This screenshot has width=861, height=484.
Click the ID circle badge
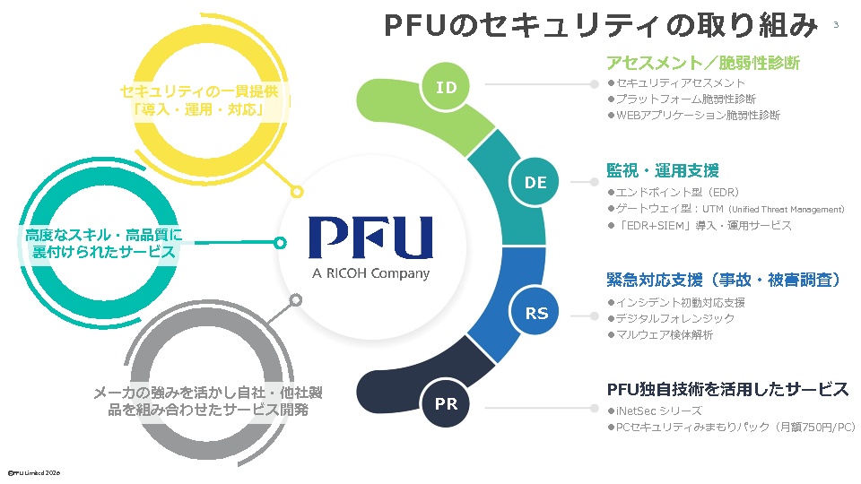(447, 88)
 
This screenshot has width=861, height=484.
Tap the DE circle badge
(535, 182)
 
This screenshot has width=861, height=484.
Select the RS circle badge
(536, 313)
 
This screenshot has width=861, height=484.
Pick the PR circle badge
(447, 403)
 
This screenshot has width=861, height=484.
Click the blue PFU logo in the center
(370, 238)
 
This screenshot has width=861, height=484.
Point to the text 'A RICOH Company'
(370, 273)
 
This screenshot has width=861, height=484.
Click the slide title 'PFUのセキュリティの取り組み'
(601, 25)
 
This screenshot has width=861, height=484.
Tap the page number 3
(836, 24)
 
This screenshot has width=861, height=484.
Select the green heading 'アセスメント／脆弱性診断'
(702, 63)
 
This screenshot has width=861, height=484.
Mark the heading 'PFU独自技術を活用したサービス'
(727, 390)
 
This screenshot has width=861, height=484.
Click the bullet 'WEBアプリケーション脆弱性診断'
(698, 116)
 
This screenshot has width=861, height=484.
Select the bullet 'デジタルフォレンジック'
(674, 318)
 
